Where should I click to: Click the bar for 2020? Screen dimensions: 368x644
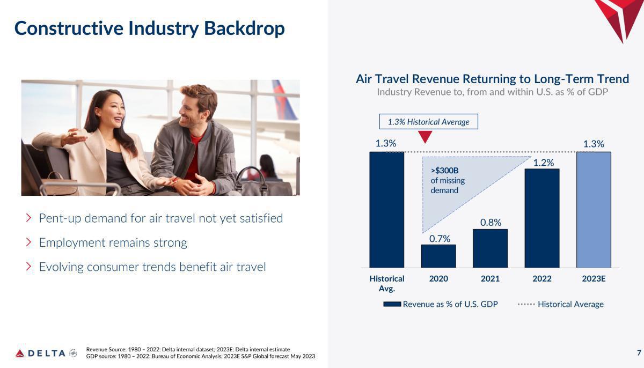[438, 256]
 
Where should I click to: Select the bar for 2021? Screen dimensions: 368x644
[490, 248]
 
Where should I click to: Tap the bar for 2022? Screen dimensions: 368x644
[541, 218]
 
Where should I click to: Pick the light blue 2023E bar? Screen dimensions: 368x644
[594, 209]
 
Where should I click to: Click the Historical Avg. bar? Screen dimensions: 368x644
[386, 209]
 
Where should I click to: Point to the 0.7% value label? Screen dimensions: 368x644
[440, 239]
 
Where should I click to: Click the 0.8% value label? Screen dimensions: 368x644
[491, 222]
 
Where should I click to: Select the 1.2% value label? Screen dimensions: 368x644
[543, 163]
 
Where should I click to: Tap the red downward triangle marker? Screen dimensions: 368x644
[425, 137]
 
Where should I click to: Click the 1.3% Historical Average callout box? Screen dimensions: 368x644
[428, 122]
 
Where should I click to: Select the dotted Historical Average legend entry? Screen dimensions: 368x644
[560, 304]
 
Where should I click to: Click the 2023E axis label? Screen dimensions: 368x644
[594, 278]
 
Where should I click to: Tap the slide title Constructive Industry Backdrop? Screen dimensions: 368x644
[149, 28]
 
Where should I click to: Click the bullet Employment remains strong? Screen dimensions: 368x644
[113, 242]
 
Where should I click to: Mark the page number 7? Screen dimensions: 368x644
[639, 352]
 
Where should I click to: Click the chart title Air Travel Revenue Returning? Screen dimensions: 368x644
[492, 79]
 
